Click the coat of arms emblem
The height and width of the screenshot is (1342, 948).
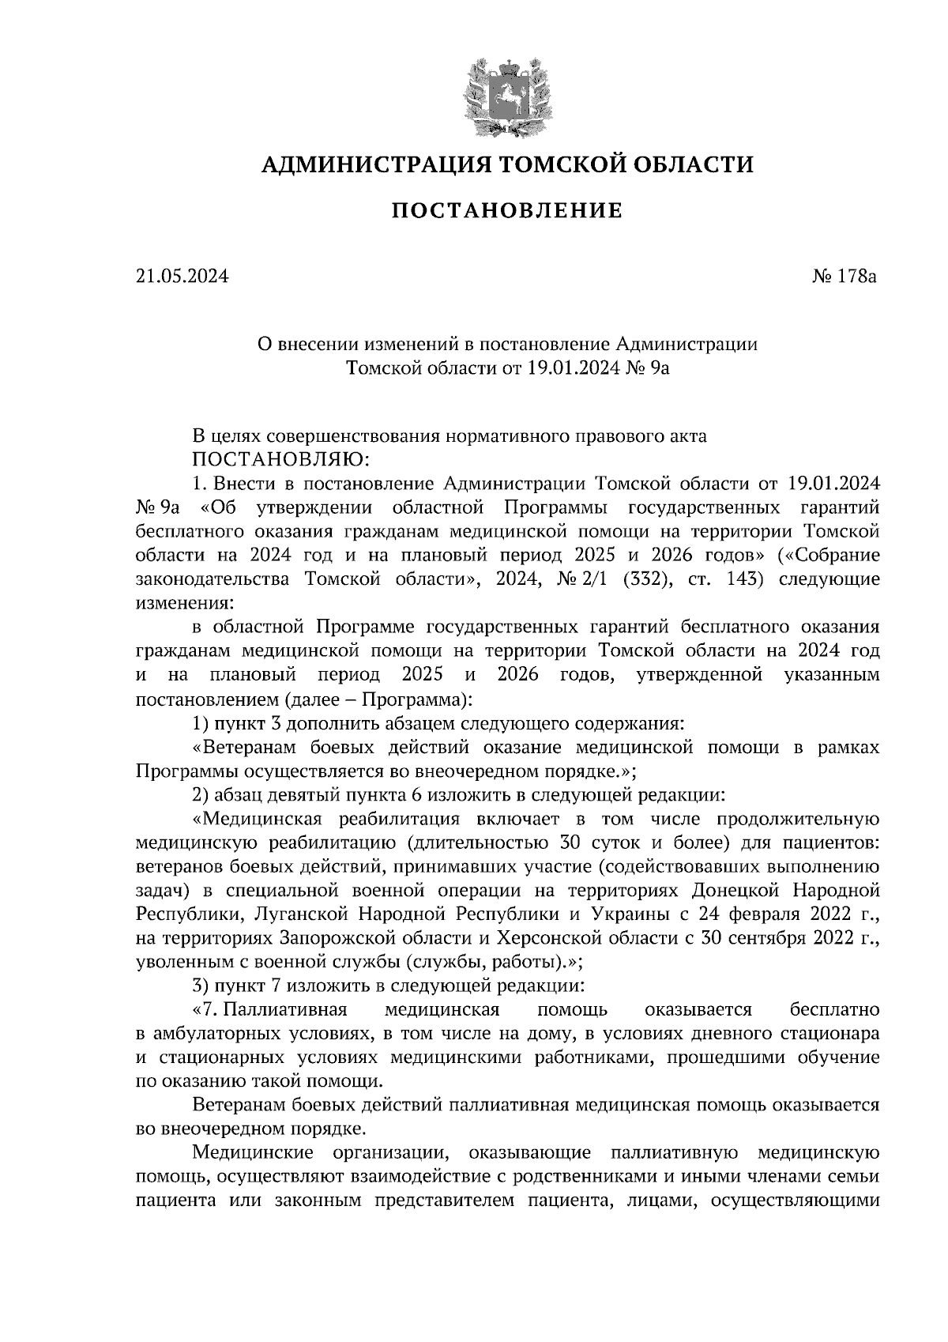(x=506, y=97)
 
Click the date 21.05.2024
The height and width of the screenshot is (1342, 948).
(x=182, y=277)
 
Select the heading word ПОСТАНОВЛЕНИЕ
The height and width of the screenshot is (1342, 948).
(x=507, y=211)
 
